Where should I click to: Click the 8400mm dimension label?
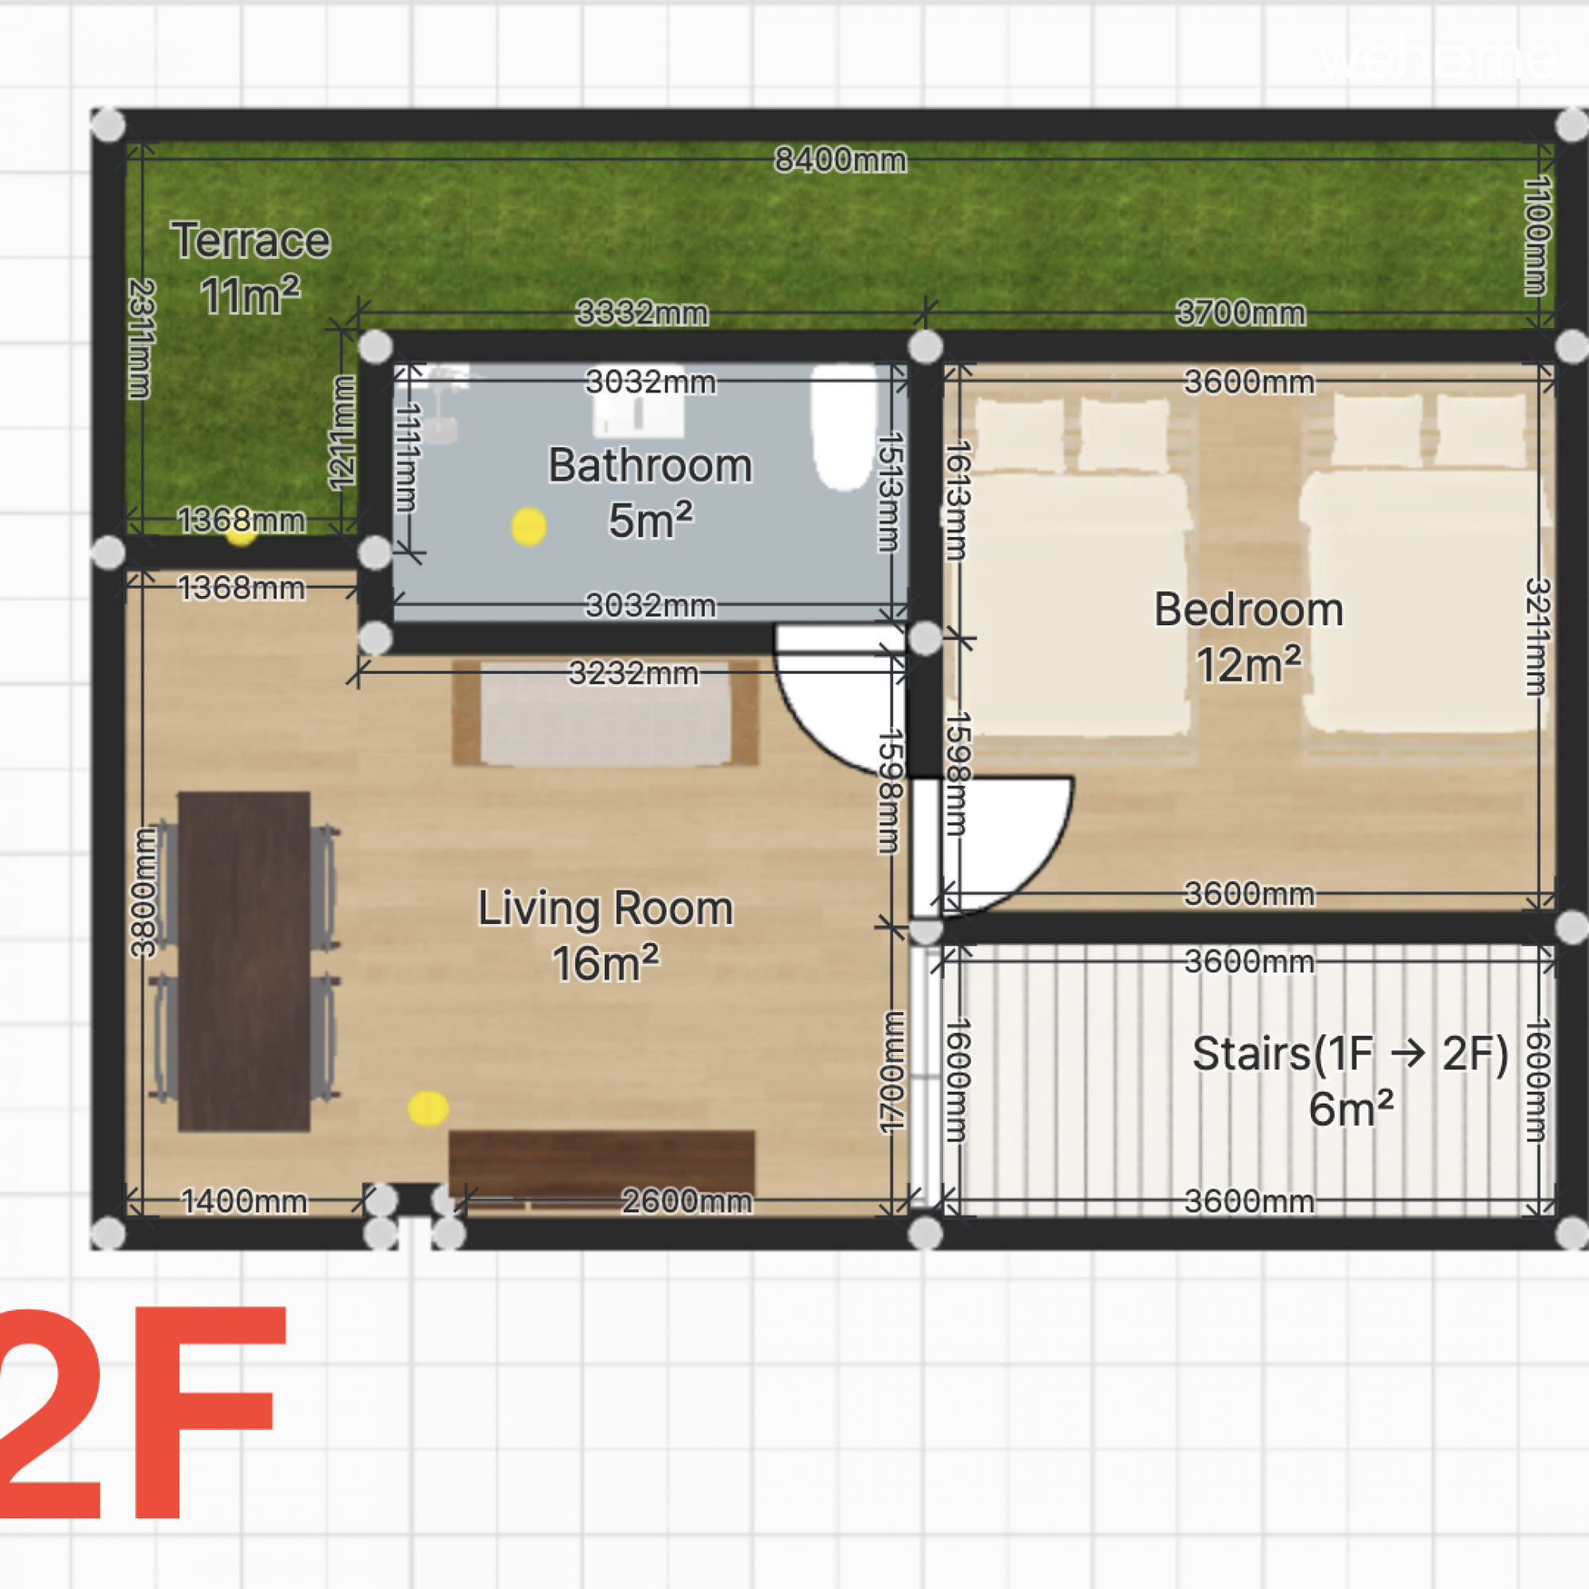click(x=841, y=160)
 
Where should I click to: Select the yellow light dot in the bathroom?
click(x=528, y=527)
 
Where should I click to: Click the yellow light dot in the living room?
click(x=427, y=1108)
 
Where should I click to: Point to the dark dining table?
click(x=244, y=961)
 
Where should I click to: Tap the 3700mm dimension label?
click(x=1240, y=312)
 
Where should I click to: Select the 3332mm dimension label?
click(x=641, y=312)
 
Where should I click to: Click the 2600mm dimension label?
click(x=686, y=1201)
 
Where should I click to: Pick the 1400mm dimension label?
click(x=244, y=1201)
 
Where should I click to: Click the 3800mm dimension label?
click(x=144, y=893)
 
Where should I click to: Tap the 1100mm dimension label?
click(x=1537, y=235)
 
